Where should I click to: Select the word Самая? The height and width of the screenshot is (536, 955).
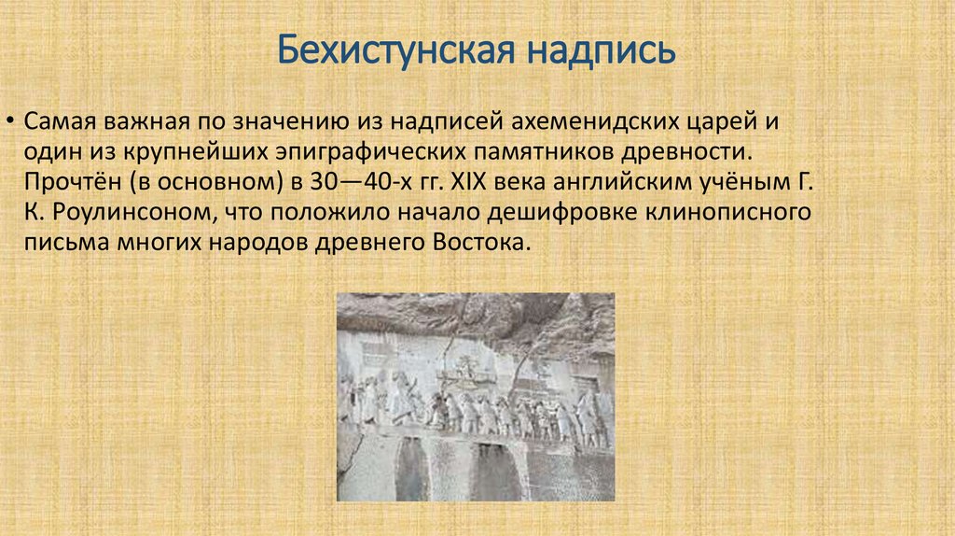click(56, 122)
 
